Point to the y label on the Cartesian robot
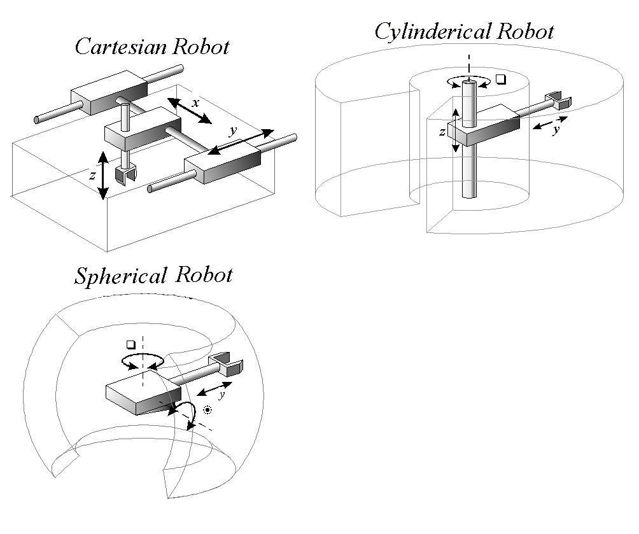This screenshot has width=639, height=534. pyautogui.click(x=234, y=130)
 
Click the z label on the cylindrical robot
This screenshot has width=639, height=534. pyautogui.click(x=442, y=132)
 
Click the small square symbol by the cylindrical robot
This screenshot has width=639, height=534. pyautogui.click(x=500, y=80)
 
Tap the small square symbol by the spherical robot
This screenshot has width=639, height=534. pyautogui.click(x=131, y=344)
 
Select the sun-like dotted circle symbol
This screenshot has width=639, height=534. pyautogui.click(x=207, y=410)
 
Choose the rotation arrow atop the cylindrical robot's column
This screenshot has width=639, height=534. pyautogui.click(x=468, y=80)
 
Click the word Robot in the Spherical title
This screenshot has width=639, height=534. pyautogui.click(x=205, y=276)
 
